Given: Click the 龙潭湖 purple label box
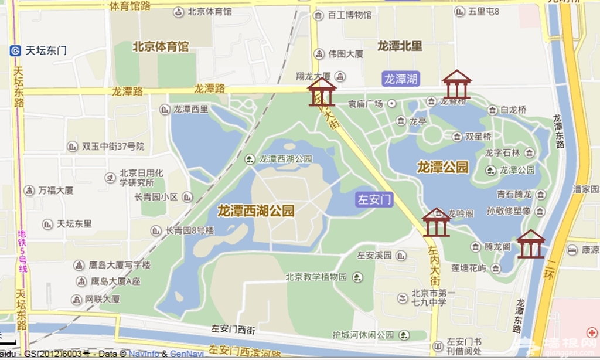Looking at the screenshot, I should (401, 79).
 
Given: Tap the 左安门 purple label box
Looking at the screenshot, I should (374, 199).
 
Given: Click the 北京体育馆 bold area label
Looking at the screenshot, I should (161, 46).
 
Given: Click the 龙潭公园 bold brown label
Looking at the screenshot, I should (443, 167).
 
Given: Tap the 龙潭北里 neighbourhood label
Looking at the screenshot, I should (400, 46).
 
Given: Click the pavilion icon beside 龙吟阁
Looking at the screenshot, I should (437, 222).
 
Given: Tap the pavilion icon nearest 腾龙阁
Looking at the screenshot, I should (530, 244).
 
